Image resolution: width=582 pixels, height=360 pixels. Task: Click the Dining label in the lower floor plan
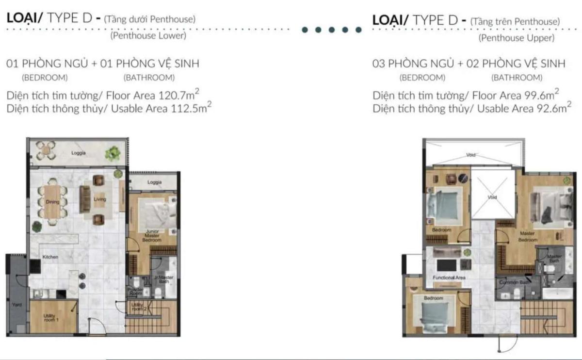coord(53,202)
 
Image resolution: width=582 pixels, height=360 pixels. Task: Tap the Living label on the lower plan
coord(100,199)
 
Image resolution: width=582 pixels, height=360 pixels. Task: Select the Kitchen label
coord(50,257)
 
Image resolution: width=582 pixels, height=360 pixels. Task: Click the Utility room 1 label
coord(51,318)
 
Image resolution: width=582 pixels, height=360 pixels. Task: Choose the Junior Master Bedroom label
coord(151,236)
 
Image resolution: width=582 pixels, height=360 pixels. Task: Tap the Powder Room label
coord(135,292)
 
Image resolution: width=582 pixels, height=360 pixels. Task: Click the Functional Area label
coord(449,278)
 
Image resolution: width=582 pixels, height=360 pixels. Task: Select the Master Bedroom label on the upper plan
coord(527,236)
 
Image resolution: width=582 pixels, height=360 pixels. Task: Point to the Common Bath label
coord(511,282)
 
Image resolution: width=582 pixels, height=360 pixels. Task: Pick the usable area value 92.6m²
coord(550,109)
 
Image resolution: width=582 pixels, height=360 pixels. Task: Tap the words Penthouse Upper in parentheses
coord(516,38)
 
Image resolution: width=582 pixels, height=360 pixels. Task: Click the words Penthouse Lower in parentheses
coord(148,35)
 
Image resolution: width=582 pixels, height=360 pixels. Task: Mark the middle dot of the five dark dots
coord(332,30)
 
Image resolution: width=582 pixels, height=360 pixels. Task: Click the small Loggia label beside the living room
coord(154,182)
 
